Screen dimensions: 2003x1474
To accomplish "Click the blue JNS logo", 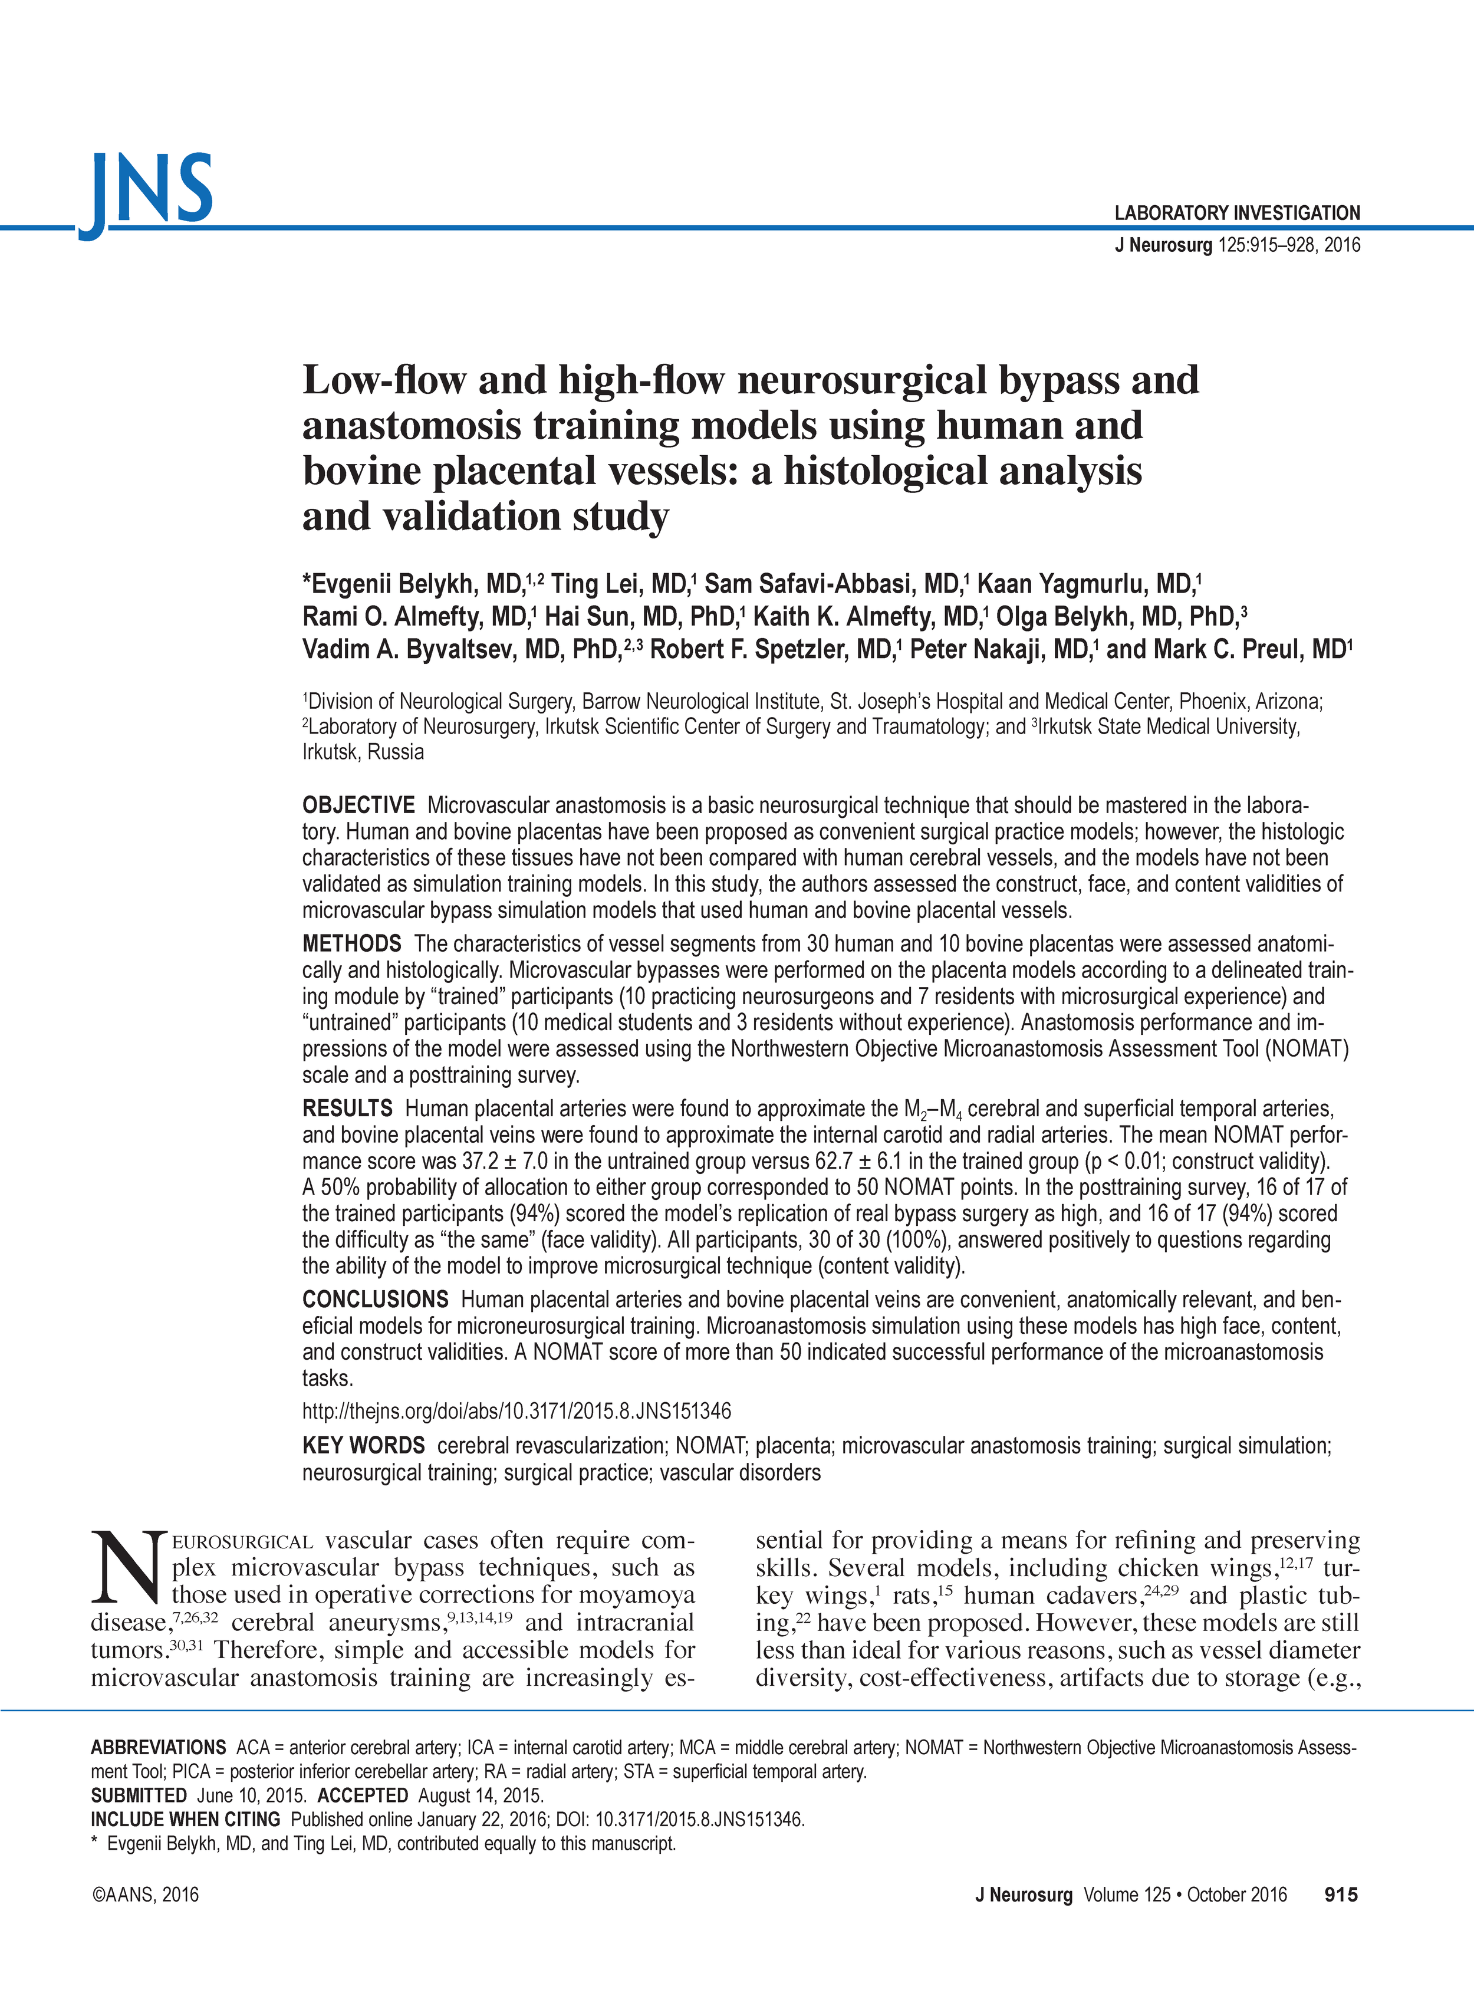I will click(148, 192).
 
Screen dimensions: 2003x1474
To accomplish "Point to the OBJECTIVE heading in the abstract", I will click(358, 805).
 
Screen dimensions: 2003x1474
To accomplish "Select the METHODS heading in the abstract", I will click(351, 944).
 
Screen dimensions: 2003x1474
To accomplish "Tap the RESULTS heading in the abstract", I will click(347, 1109).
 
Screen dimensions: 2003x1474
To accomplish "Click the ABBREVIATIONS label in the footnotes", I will click(158, 1748).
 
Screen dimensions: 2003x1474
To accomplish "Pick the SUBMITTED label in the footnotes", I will click(139, 1795).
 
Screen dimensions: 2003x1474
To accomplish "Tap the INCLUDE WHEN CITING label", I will click(186, 1819).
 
